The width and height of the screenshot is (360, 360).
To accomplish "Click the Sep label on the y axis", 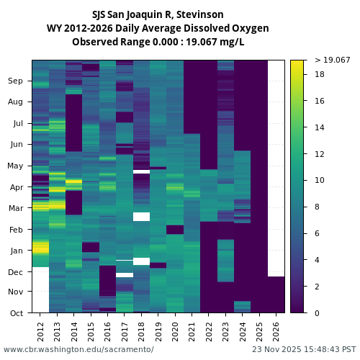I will pyautogui.click(x=16, y=81).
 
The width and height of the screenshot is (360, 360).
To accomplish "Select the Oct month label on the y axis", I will pyautogui.click(x=16, y=313).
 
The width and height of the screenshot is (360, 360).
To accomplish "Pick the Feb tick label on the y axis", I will pyautogui.click(x=16, y=230).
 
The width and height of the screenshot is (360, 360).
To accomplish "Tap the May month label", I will pyautogui.click(x=15, y=166).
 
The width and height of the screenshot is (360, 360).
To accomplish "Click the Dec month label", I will pyautogui.click(x=16, y=272).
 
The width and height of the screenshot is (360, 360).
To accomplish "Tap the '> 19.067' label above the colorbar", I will pyautogui.click(x=332, y=60).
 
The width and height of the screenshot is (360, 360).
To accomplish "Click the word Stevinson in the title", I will pyautogui.click(x=199, y=14).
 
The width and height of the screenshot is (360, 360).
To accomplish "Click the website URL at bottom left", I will pyautogui.click(x=78, y=349).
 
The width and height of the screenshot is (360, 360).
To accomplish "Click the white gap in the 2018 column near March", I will pyautogui.click(x=142, y=217).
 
